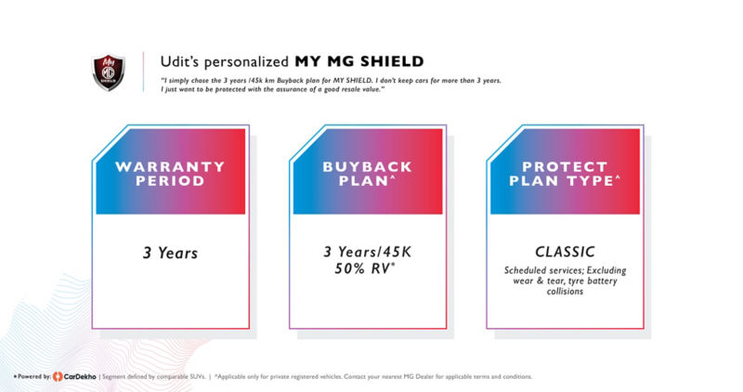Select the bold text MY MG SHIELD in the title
359,62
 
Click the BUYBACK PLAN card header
367,173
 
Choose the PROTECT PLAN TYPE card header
565,173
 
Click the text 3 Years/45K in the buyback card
367,252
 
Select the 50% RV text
367,269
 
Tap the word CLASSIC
565,252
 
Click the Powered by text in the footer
33,376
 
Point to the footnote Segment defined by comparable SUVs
162,376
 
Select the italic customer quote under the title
332,85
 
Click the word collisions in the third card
565,292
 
